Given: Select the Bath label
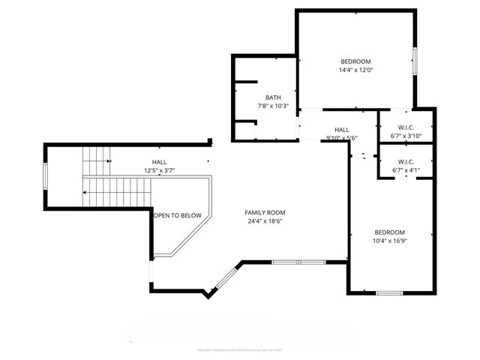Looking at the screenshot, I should (273, 97).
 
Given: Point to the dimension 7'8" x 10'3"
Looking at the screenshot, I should (273, 106).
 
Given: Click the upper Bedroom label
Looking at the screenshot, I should (355, 61).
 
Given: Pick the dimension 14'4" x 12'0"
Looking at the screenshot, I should (355, 70).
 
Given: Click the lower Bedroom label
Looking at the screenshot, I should (389, 232).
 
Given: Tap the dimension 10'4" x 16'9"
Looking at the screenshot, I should (389, 241).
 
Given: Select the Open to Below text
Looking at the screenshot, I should (178, 216).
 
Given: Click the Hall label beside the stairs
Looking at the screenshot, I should (160, 162).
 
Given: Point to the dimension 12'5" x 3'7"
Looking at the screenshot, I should (160, 171).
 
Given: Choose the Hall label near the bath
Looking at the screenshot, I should (342, 130).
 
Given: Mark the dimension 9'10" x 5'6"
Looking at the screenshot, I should (342, 138).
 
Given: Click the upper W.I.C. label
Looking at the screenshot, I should (406, 127).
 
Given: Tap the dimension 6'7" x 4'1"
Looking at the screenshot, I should (406, 170).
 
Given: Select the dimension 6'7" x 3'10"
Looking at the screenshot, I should (406, 136).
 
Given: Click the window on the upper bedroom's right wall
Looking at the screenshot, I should (414, 60).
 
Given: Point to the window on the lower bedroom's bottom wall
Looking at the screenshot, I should (389, 292).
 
